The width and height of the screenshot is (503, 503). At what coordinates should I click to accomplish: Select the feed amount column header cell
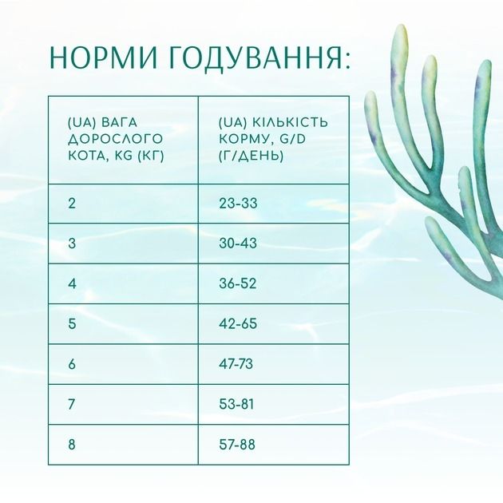pyautogui.click(x=273, y=139)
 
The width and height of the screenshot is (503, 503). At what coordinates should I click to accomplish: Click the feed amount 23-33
pyautogui.click(x=238, y=204)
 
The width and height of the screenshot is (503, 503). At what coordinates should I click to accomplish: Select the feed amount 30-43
pyautogui.click(x=238, y=244)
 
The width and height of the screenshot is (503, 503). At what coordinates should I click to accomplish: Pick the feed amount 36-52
pyautogui.click(x=238, y=283)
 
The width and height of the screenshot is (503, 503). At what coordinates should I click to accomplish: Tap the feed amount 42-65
pyautogui.click(x=238, y=323)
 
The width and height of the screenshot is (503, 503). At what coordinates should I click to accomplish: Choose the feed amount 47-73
pyautogui.click(x=236, y=364)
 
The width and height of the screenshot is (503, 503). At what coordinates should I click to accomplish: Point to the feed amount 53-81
pyautogui.click(x=236, y=404)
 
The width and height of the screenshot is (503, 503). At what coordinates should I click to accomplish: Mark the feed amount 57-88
pyautogui.click(x=237, y=445)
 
